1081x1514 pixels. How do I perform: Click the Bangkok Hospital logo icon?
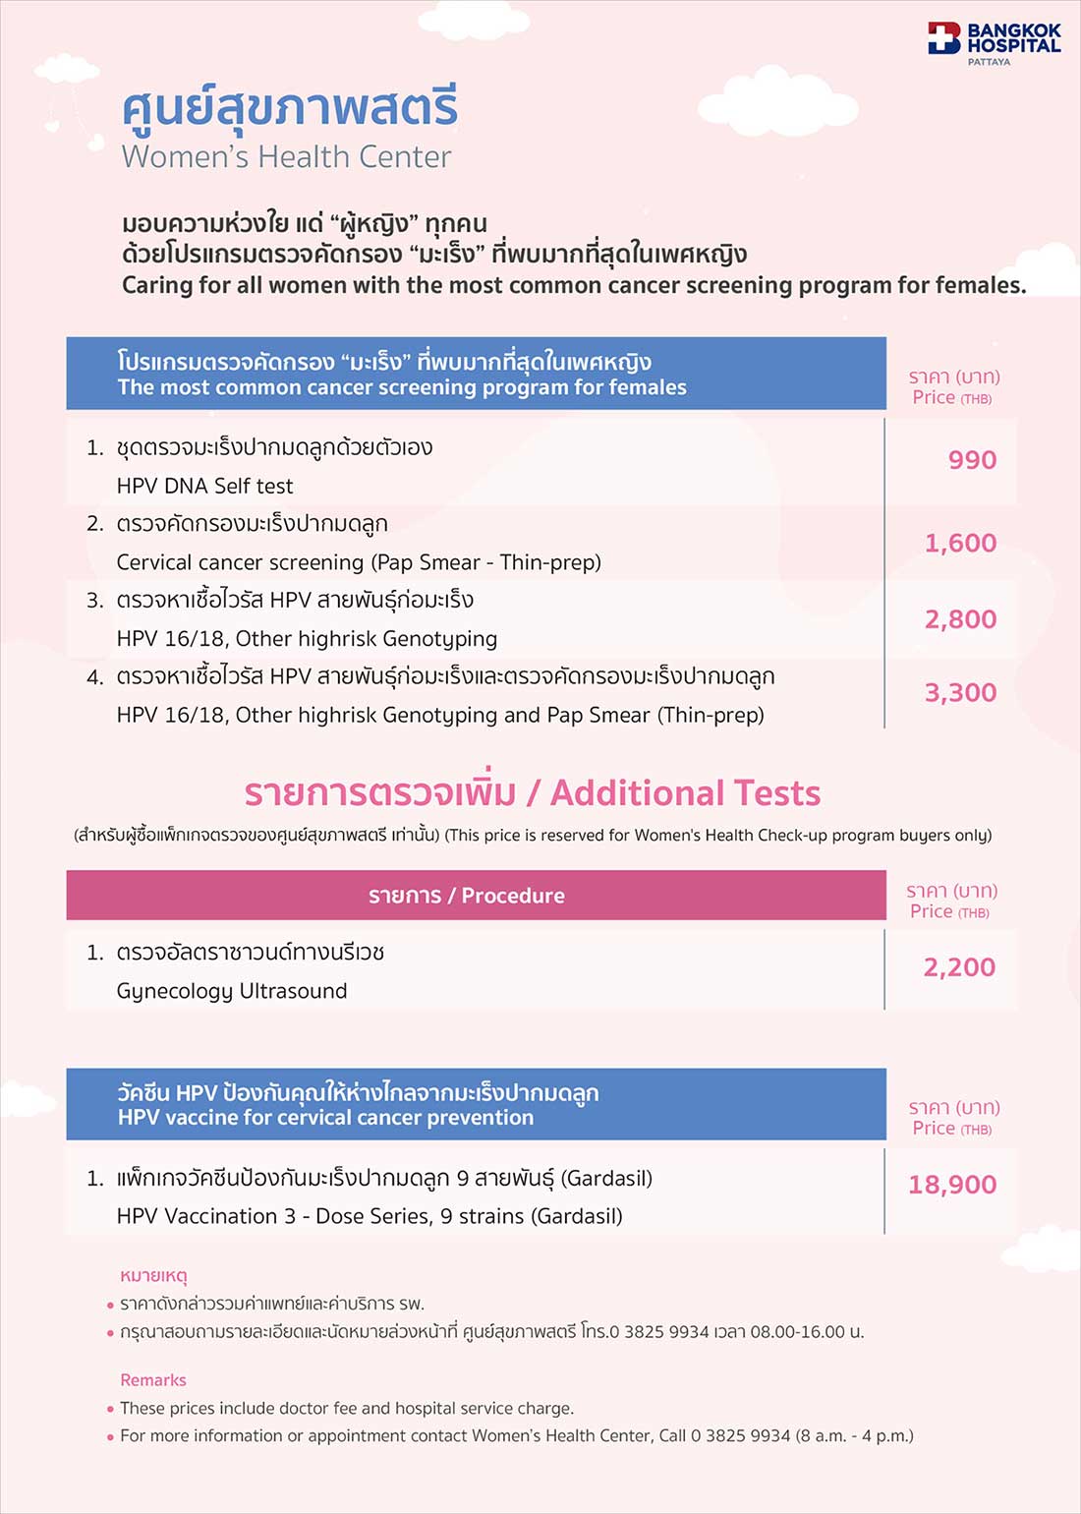(943, 38)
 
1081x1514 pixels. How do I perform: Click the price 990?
(972, 460)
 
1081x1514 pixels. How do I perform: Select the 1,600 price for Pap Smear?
(960, 543)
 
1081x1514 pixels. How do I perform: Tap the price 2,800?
(960, 619)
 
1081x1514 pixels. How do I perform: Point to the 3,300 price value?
(960, 693)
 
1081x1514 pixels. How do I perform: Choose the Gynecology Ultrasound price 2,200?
(959, 967)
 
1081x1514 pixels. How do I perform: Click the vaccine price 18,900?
(951, 1185)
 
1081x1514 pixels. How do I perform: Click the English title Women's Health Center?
(286, 156)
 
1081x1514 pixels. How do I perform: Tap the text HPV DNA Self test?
(204, 486)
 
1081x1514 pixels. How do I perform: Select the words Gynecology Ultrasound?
(231, 991)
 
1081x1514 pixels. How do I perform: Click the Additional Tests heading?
(685, 792)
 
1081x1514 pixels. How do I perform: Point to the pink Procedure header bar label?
(467, 896)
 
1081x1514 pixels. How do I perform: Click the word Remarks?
(153, 1380)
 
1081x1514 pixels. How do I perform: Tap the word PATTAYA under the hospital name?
(989, 62)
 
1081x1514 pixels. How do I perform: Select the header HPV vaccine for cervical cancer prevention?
(325, 1118)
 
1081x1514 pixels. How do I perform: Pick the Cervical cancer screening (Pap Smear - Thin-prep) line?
(359, 562)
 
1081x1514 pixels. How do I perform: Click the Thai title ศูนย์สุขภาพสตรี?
(290, 108)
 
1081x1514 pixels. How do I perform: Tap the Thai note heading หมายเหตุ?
(153, 1276)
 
